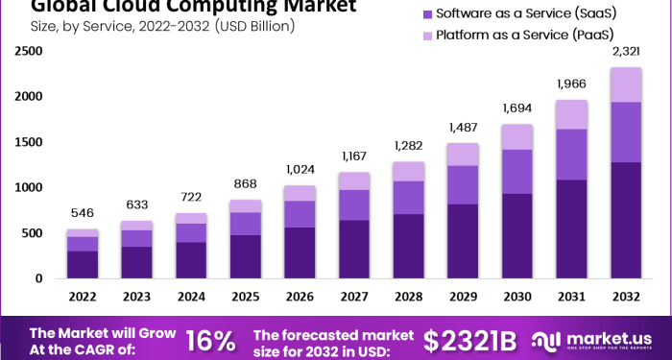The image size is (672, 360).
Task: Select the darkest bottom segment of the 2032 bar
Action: pyautogui.click(x=627, y=220)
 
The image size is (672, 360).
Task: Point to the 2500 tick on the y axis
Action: pyautogui.click(x=29, y=50)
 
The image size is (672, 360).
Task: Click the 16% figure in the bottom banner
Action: pyautogui.click(x=210, y=340)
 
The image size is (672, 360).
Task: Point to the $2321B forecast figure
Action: pyautogui.click(x=470, y=340)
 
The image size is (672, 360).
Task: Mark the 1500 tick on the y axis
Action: pyautogui.click(x=29, y=142)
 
